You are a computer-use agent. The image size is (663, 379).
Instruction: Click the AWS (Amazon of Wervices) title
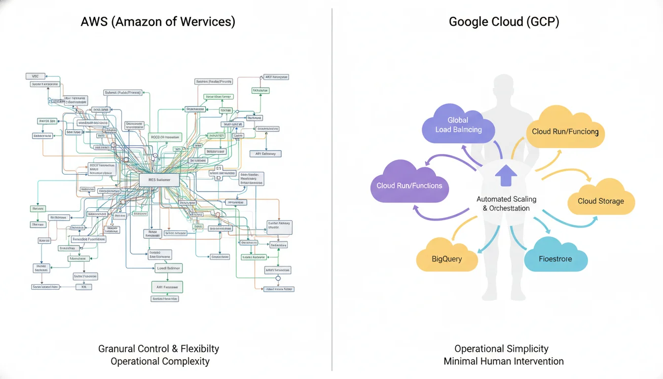158,22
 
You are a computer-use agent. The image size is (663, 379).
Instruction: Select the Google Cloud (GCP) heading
504,22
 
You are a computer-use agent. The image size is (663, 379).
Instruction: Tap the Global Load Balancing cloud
458,125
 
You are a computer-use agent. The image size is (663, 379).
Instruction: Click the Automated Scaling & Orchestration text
506,203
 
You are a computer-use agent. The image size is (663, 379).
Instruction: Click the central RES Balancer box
159,180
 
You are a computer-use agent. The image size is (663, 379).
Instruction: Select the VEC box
35,76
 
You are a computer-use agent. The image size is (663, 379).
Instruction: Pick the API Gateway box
265,153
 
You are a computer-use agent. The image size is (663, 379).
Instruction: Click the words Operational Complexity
160,361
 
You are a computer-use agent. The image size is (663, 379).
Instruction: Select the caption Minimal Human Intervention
503,361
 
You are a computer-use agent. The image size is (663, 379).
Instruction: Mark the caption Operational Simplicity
501,348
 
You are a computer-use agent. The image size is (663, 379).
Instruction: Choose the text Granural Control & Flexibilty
158,348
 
